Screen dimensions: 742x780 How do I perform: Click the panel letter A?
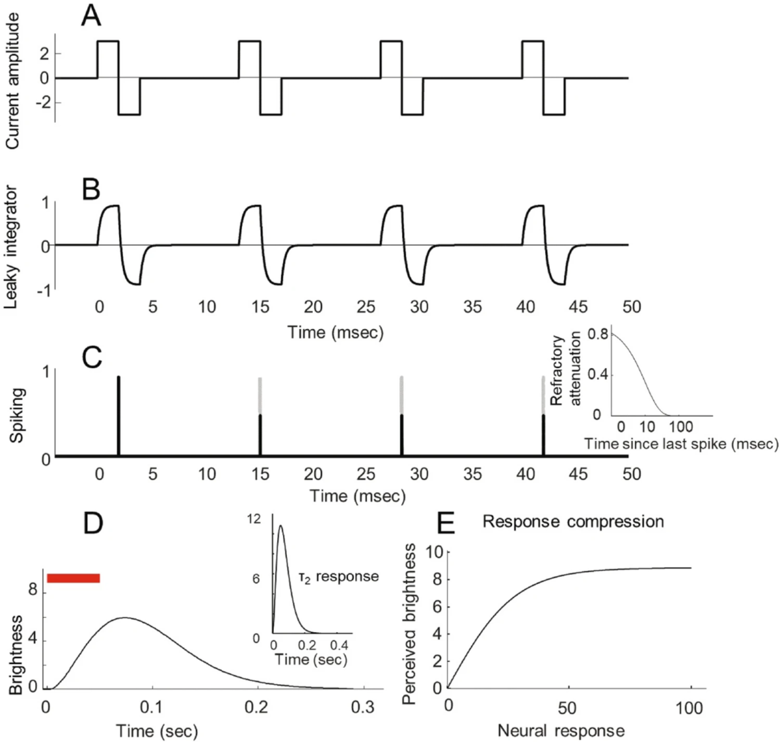click(x=91, y=16)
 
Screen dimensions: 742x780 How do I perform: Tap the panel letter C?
click(x=92, y=357)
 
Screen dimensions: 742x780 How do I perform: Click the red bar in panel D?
click(x=73, y=578)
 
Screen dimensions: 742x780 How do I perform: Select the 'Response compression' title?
click(x=573, y=522)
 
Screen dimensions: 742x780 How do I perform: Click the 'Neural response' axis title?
click(x=561, y=731)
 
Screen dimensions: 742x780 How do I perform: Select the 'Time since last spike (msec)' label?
click(x=681, y=444)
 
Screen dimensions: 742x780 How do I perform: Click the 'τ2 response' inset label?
click(x=338, y=576)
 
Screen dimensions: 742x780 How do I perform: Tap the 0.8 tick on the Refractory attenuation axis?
click(x=597, y=334)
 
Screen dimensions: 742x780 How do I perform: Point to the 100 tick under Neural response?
click(x=689, y=707)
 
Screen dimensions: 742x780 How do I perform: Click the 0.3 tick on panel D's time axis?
click(x=363, y=707)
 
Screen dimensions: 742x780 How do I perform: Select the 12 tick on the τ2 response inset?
click(x=254, y=519)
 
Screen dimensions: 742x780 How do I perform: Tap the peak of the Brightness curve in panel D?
click(x=125, y=617)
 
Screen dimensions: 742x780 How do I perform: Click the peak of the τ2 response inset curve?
click(x=280, y=525)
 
